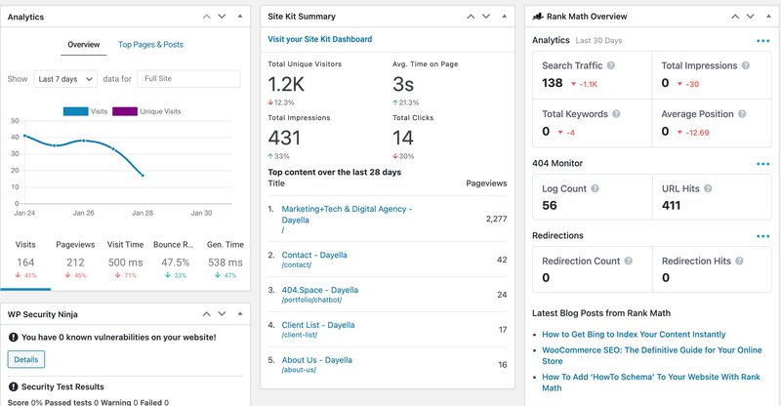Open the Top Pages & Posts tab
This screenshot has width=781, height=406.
click(x=150, y=44)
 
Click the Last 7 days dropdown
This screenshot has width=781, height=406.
click(x=65, y=79)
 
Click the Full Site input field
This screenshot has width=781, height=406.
click(x=188, y=79)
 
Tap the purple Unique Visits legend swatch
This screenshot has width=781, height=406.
click(x=125, y=111)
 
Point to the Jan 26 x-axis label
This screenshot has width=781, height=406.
click(x=83, y=213)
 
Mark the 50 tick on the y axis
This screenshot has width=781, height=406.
click(x=15, y=121)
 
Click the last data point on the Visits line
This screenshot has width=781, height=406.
click(x=143, y=176)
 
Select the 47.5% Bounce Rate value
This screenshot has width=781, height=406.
click(x=176, y=263)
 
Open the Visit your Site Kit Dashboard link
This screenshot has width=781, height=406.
click(x=320, y=39)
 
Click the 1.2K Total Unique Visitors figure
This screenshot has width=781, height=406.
click(x=286, y=84)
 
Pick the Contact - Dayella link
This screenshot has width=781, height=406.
click(x=314, y=255)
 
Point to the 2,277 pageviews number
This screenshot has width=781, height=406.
click(x=497, y=219)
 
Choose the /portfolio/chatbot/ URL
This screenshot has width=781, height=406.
click(x=311, y=300)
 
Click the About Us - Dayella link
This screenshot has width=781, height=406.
click(x=316, y=360)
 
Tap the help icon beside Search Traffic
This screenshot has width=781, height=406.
click(x=611, y=65)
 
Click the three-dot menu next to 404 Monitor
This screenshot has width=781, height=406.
click(x=763, y=164)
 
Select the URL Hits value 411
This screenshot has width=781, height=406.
click(x=671, y=205)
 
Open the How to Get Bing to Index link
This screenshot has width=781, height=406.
click(x=634, y=334)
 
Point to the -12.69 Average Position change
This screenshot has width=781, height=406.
click(x=697, y=133)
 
